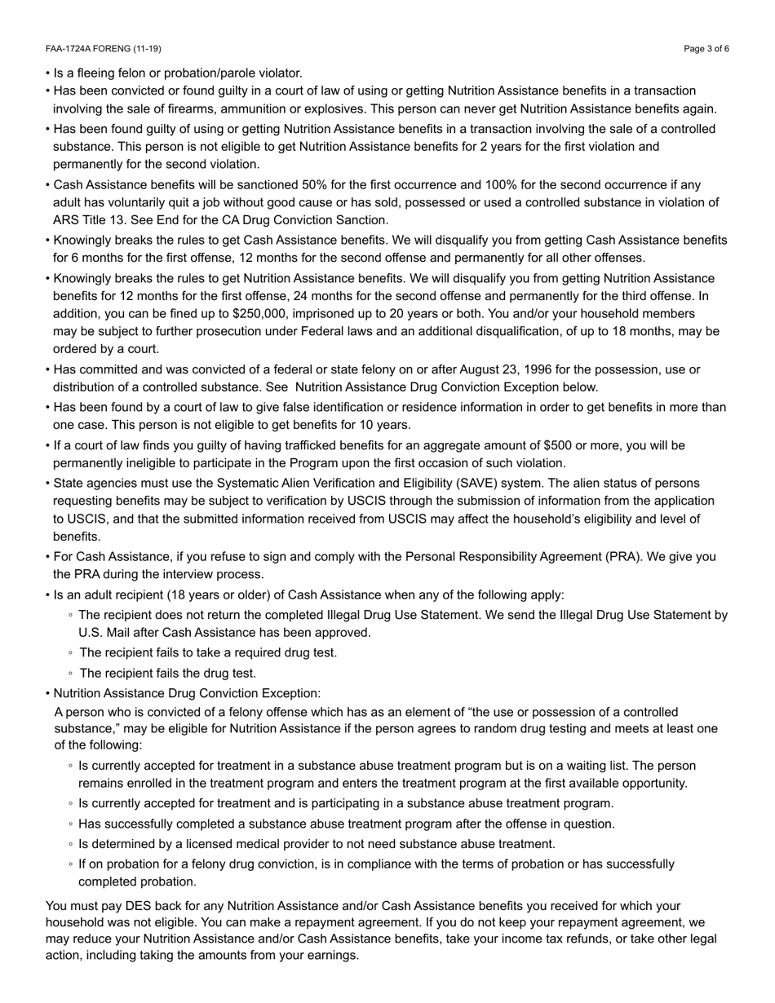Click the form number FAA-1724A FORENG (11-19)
104,49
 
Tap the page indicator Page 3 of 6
706,49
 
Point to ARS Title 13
90,220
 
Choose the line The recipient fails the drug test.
168,674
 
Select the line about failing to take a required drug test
208,653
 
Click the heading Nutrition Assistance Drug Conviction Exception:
187,693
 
